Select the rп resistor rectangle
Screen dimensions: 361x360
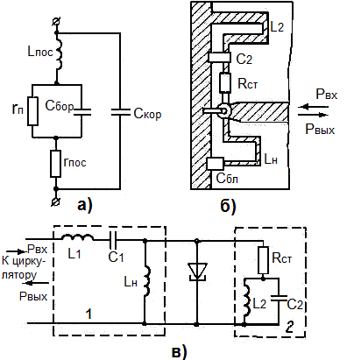pos(32,111)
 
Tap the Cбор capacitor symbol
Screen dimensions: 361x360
pos(82,111)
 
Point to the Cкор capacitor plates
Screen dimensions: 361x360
pos(120,112)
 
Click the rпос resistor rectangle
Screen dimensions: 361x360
pos(56,164)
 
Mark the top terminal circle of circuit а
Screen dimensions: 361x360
pos(57,22)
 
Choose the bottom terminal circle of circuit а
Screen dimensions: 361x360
pos(56,201)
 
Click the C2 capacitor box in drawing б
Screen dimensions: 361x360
pos(219,57)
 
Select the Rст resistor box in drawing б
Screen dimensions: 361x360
pos(224,82)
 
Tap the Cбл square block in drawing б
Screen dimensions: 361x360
pos(216,164)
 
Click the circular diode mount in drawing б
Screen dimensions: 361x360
pos(224,111)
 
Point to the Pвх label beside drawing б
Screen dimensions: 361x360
pos(327,95)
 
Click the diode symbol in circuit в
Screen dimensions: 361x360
pos(197,272)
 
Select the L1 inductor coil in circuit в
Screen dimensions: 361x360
pos(77,237)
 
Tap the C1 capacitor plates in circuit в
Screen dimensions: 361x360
pos(113,240)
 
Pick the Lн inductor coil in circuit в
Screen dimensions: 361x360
pos(147,281)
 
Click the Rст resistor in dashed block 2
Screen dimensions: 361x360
pos(264,260)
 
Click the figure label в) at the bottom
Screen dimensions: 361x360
pos(179,351)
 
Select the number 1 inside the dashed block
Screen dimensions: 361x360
pos(89,314)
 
